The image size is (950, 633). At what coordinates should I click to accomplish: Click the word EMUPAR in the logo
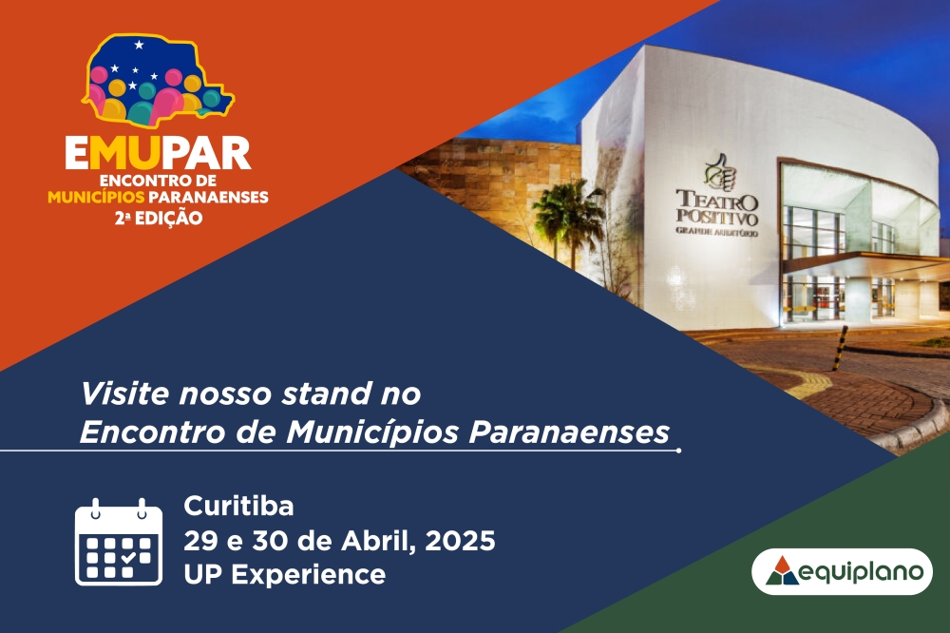tap(158, 153)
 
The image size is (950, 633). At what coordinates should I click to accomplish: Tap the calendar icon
tap(119, 542)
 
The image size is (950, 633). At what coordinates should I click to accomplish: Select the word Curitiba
tap(238, 506)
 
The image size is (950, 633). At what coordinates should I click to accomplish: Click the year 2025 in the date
tap(460, 540)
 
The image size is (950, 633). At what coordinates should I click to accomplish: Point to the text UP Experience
tap(285, 574)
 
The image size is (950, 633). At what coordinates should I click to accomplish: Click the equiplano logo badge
tap(842, 572)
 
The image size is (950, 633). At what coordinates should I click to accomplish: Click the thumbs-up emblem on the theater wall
tap(719, 172)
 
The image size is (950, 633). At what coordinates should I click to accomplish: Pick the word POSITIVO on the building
tap(716, 217)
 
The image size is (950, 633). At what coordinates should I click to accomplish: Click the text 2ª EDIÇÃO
tap(159, 219)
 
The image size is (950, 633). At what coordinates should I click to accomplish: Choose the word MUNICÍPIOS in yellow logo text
tap(96, 197)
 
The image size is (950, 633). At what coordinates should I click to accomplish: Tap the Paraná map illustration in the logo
tap(158, 80)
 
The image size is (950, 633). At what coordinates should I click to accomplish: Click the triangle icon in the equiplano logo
tap(782, 570)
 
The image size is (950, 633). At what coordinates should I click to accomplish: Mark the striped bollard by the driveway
tap(841, 348)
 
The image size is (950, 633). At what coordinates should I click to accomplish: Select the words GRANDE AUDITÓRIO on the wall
tap(716, 231)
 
